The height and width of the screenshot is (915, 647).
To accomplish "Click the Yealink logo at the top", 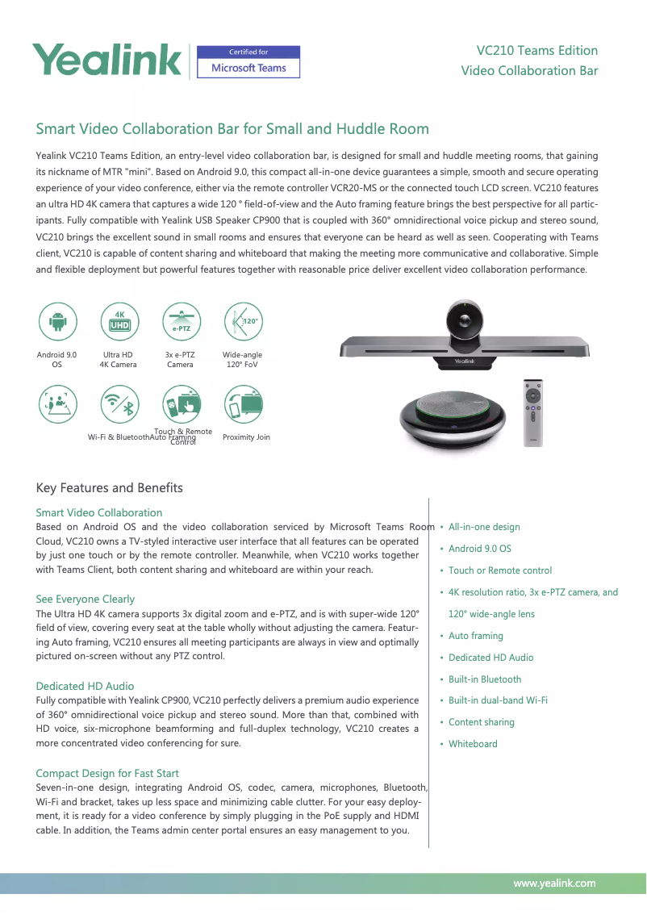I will pos(106,61).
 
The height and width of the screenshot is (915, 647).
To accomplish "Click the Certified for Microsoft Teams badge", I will pos(248,62).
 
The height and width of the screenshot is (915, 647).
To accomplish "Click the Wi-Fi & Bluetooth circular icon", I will pos(119,405).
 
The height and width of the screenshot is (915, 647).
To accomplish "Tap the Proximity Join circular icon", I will pos(242,405).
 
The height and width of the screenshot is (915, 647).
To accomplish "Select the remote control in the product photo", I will pos(533,412).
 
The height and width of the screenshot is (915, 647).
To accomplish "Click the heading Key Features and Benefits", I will pos(109,488).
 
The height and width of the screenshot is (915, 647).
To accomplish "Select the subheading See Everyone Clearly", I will pos(85,599).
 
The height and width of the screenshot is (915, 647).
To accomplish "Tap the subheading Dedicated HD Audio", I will pos(85,686).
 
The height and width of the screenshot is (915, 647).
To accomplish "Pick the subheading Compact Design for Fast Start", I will pos(107,773).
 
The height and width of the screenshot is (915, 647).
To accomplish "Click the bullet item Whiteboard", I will pos(473,744).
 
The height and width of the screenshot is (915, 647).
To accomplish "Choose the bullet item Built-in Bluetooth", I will pos(485,679).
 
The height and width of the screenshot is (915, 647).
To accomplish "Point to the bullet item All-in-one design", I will pos(484,527).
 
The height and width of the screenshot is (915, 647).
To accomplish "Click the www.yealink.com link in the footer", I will pos(554,883).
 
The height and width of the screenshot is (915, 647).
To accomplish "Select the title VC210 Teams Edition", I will pos(536,51).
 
